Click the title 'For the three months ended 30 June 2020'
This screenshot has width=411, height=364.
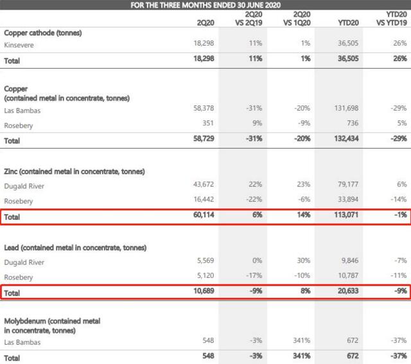click(205, 6)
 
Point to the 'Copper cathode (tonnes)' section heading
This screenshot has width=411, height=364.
click(42, 32)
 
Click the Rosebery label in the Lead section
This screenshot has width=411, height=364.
click(19, 277)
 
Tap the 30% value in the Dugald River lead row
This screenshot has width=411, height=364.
click(303, 262)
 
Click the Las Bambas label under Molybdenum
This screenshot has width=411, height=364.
click(22, 342)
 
